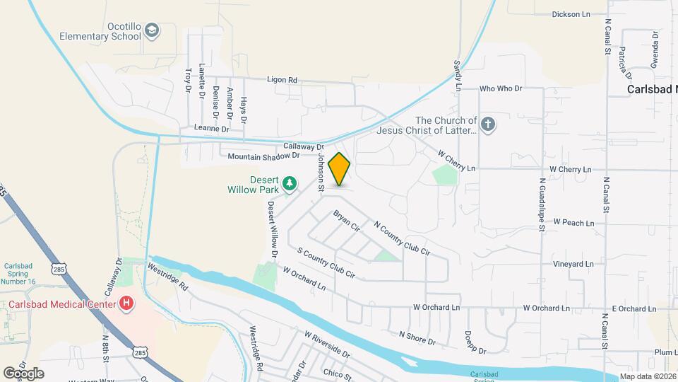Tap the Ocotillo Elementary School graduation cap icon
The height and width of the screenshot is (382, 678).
tap(152, 30)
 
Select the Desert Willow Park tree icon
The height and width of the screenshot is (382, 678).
tap(289, 184)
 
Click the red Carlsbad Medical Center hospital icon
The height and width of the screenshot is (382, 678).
tap(126, 304)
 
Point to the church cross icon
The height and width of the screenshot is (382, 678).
tap(488, 125)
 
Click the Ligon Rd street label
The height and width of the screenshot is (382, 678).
tap(282, 80)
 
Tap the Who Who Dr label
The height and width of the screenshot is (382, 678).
tap(500, 88)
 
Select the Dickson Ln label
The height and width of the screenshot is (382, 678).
tap(571, 14)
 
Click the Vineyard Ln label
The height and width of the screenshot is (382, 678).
tap(573, 264)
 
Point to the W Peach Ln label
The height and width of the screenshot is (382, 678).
tap(573, 222)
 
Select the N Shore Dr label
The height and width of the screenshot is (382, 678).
tap(417, 338)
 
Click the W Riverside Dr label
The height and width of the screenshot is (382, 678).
tap(327, 343)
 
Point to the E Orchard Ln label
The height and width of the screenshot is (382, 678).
tap(634, 308)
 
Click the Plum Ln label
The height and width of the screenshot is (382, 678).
tap(666, 352)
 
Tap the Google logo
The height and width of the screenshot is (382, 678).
tap(23, 373)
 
